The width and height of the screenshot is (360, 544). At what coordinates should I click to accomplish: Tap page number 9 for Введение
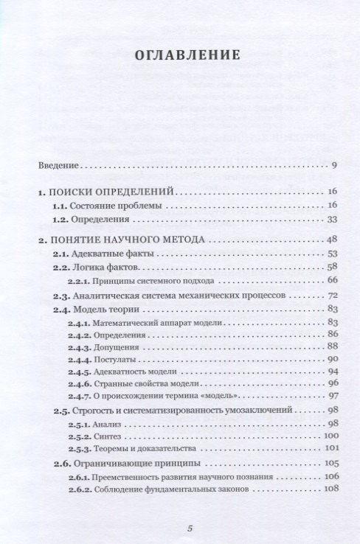[x=334, y=164]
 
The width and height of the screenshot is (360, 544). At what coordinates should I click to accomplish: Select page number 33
[x=331, y=219]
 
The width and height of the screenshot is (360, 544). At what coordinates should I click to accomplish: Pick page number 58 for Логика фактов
[x=331, y=267]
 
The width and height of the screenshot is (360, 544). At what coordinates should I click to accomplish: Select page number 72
[x=331, y=295]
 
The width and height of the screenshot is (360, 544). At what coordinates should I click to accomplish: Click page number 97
[x=331, y=396]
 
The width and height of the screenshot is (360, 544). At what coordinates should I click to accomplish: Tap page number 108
[x=330, y=489]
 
